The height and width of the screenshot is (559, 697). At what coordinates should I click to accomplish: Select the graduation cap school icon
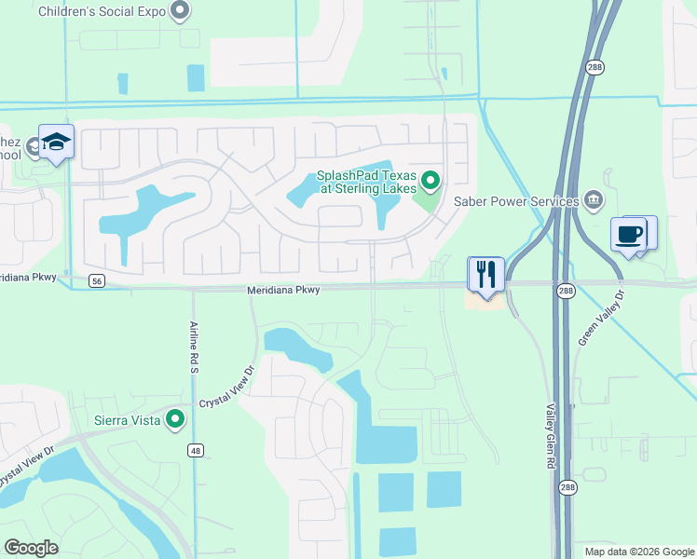click(x=56, y=142)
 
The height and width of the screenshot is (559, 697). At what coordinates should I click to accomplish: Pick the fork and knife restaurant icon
click(x=485, y=274)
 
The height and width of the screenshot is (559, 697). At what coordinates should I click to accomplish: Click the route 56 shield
click(x=97, y=279)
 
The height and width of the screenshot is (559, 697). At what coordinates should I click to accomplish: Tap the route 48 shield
click(x=195, y=451)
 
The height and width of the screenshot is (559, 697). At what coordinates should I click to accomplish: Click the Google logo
click(x=32, y=548)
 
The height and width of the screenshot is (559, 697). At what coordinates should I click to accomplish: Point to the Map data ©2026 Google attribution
click(x=639, y=552)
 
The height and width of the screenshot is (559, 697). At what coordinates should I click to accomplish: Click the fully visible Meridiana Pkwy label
click(x=283, y=291)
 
